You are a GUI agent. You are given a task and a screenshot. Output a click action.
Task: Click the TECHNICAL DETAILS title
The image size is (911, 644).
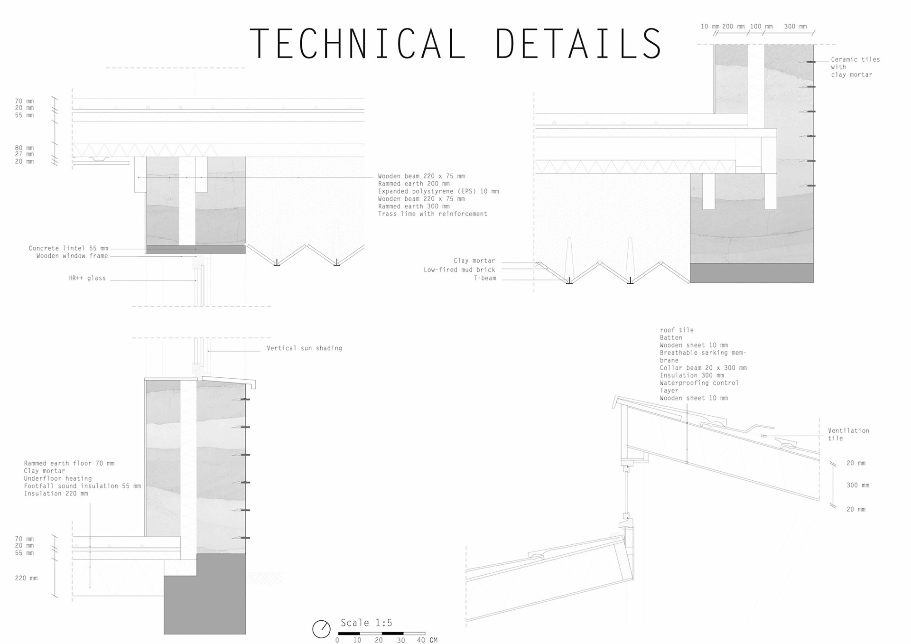[455, 44]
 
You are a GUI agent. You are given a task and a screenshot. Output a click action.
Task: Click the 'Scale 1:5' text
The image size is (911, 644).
[366, 623]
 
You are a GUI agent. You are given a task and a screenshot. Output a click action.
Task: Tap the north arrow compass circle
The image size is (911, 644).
[321, 629]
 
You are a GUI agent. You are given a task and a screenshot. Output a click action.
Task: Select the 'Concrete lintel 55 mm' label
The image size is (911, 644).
[68, 248]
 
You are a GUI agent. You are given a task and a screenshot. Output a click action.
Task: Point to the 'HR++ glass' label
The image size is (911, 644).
[87, 278]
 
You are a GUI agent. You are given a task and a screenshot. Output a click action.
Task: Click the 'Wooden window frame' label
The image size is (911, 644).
[72, 256]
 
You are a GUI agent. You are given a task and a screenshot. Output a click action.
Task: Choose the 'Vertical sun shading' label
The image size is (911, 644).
[304, 348]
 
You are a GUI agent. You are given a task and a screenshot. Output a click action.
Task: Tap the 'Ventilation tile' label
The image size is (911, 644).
[848, 434]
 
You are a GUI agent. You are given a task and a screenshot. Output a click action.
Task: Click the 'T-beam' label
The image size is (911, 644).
[485, 278]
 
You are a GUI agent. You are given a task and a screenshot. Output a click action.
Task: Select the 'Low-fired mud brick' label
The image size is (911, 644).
[459, 270]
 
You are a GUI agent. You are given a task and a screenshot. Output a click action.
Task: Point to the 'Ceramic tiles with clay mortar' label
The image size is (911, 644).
[855, 67]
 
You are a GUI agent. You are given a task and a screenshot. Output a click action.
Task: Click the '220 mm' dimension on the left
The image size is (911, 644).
[26, 578]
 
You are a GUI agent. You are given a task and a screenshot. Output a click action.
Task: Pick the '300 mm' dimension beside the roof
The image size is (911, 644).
[858, 485]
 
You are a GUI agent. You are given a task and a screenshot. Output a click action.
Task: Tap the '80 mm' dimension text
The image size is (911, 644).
[24, 148]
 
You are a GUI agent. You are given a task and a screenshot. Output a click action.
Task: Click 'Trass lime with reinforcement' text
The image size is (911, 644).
[432, 214]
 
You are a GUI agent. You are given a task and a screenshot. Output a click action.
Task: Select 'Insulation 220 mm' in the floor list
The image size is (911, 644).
[56, 494]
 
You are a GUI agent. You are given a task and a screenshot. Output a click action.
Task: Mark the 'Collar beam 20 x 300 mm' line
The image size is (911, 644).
[703, 368]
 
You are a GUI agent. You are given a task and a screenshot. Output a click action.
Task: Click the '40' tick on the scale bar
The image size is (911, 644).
[421, 640]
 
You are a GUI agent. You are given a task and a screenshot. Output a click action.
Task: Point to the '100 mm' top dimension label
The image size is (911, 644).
[761, 27]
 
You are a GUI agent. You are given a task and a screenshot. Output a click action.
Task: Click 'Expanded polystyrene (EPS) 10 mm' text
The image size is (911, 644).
[438, 191]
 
